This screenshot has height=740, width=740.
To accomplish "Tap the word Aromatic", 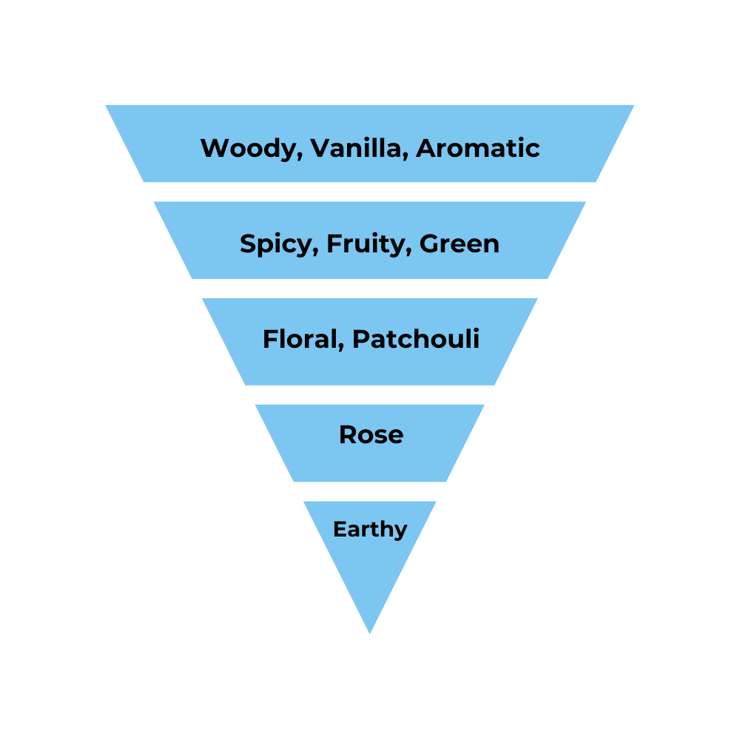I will (x=477, y=148).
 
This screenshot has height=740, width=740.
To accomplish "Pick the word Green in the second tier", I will (x=460, y=243).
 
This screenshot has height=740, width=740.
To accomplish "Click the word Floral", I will (x=298, y=339).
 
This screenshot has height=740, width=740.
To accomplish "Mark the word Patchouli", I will (x=416, y=339).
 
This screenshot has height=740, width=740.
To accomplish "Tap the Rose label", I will (x=371, y=434).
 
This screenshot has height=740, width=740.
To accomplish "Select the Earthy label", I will (x=370, y=529).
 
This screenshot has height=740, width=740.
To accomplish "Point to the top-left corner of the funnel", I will (x=107, y=106).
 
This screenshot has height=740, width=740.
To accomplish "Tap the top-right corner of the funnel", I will (x=633, y=106).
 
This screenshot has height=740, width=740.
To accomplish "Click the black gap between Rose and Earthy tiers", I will (x=370, y=491).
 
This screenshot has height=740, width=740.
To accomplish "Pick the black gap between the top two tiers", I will (x=370, y=192).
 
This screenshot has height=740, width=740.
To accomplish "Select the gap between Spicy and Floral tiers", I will (x=370, y=289).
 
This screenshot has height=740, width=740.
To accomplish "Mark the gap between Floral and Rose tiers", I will (x=370, y=394).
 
